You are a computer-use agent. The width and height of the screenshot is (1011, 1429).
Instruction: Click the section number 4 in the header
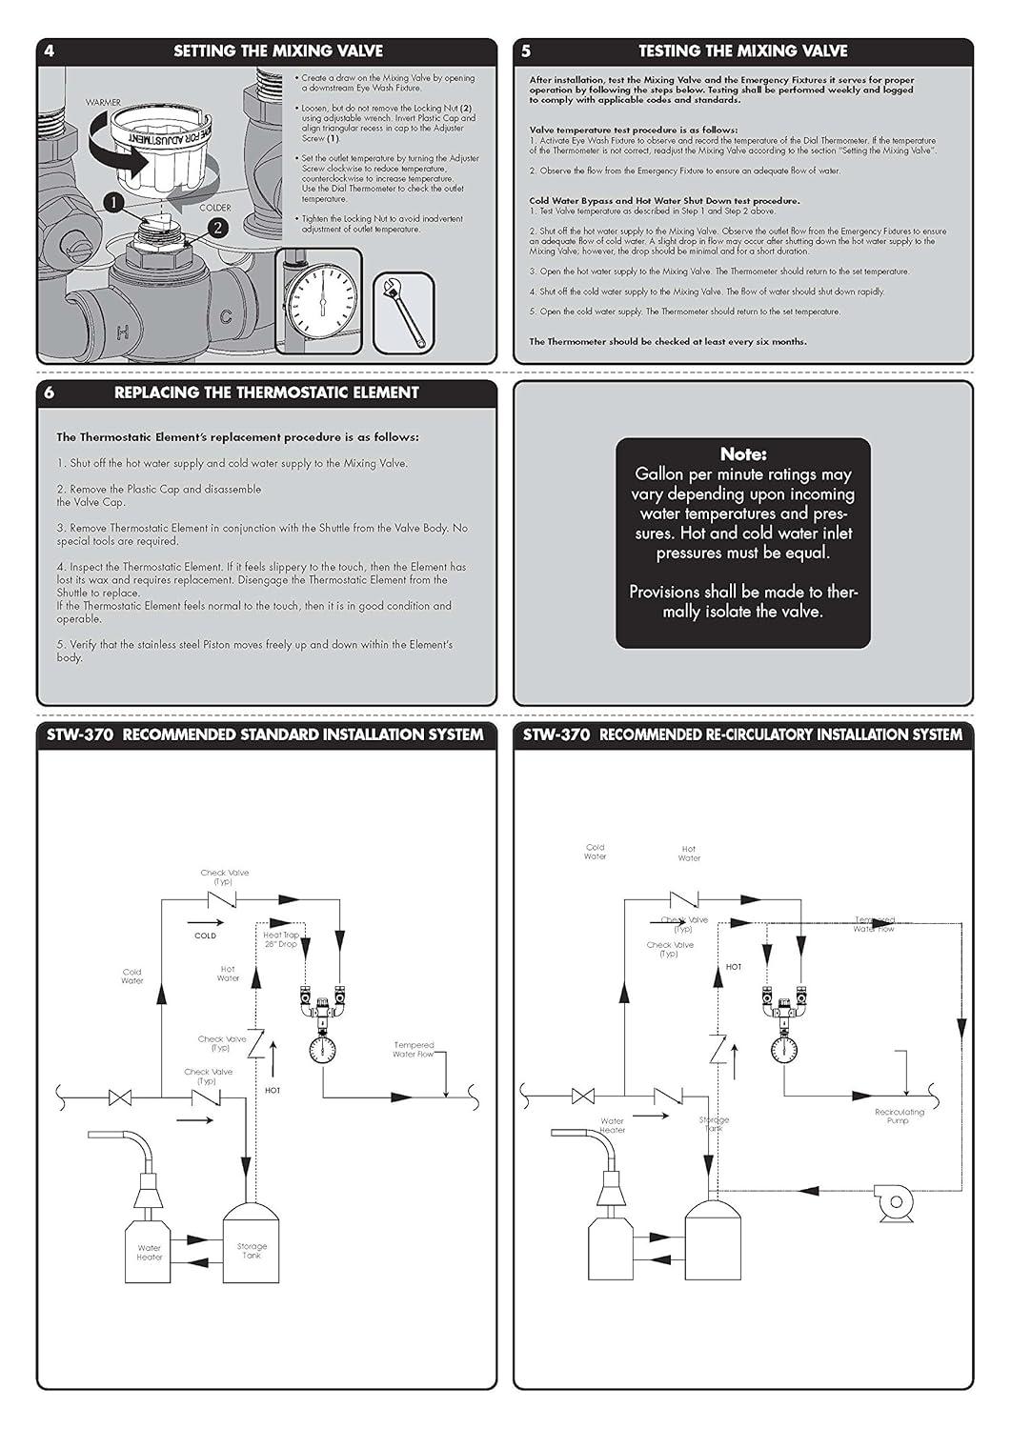(50, 51)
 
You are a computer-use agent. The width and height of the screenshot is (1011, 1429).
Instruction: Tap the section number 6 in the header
(50, 392)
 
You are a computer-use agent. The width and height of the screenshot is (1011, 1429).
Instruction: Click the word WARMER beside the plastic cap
(103, 101)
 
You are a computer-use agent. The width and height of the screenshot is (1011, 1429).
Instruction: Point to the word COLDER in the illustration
(214, 208)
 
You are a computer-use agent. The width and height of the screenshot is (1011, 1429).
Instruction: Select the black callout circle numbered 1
(114, 203)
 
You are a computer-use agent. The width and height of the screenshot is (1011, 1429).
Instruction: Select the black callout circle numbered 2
(217, 228)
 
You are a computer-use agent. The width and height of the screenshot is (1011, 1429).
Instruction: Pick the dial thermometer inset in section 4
(319, 295)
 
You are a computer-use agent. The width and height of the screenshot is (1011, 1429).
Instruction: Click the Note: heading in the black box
(742, 455)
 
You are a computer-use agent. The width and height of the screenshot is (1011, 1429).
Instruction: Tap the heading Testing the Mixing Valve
(742, 51)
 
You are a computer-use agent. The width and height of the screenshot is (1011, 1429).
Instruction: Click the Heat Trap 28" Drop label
(281, 939)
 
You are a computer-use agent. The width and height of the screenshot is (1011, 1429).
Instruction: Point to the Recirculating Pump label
(900, 1117)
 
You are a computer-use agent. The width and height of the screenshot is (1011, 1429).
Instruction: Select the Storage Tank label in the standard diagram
(252, 1251)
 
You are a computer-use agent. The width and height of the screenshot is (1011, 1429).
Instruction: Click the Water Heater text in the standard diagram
(150, 1252)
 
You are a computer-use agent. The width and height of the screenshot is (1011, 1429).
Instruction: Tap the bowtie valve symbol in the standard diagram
(120, 1097)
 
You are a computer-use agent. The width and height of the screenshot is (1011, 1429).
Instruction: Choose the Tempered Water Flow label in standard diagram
(414, 1050)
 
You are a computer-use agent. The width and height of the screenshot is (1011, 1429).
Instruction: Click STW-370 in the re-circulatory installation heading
(556, 735)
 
